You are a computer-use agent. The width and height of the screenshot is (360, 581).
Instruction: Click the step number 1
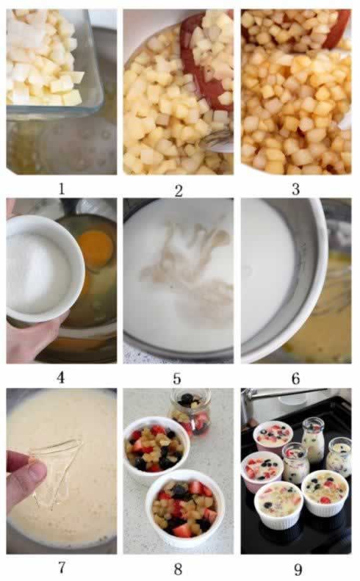[x=61, y=189]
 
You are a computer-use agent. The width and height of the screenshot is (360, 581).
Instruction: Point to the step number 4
[x=61, y=378]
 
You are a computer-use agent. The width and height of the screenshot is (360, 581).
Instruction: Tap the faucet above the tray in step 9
[x=279, y=397]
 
